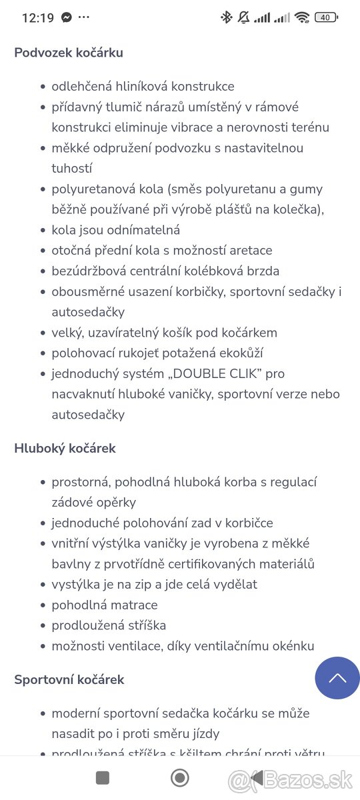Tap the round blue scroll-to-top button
click(337, 678)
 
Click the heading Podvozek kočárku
click(69, 53)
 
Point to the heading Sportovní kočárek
click(69, 679)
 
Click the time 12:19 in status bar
click(37, 18)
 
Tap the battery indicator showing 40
click(326, 18)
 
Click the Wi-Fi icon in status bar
click(302, 18)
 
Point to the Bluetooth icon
click(226, 18)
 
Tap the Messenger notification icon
click(67, 18)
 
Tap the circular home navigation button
click(179, 777)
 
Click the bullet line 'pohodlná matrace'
click(105, 605)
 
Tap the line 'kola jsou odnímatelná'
click(115, 230)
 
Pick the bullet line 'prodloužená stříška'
click(109, 625)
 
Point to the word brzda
click(261, 271)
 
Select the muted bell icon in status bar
click(244, 18)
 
